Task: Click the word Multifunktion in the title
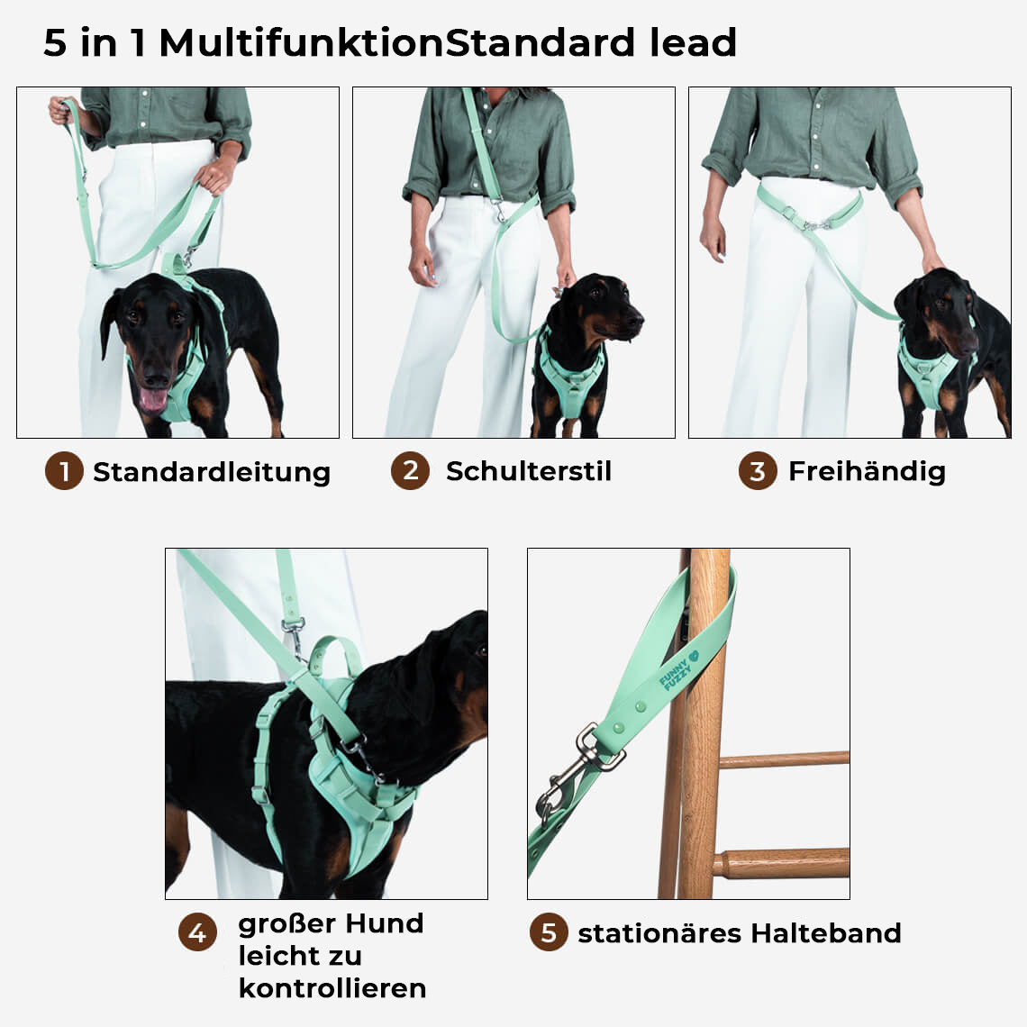pos(302,42)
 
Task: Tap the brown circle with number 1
pos(64,471)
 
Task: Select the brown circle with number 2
pos(410,470)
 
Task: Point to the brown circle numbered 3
pos(758,471)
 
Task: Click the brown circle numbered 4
pos(197,932)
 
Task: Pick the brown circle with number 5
pos(549,932)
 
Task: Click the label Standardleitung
pos(212,472)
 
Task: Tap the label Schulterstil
pos(529,471)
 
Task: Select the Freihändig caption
pos(867,471)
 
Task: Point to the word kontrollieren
pos(332,988)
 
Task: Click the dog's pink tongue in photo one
pos(152,399)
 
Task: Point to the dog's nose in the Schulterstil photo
pos(637,319)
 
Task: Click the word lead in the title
pos(694,42)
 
